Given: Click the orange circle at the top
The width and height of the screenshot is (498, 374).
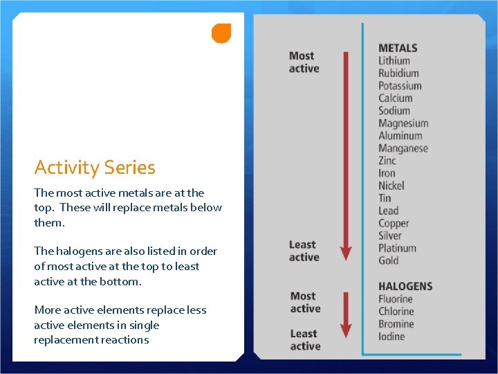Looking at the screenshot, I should click(x=221, y=33).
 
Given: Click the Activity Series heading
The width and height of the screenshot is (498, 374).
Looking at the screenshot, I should click(x=95, y=167).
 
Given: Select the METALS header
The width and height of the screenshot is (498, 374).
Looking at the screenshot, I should click(x=398, y=48).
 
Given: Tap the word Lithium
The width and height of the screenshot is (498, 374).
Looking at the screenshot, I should click(x=394, y=60).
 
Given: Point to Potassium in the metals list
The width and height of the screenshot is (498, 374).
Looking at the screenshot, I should click(x=400, y=86).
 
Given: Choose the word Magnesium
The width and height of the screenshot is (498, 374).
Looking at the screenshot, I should click(x=403, y=123).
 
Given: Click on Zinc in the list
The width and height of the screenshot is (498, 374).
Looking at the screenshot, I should click(x=387, y=161).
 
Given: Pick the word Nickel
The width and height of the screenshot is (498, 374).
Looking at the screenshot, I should click(x=391, y=186).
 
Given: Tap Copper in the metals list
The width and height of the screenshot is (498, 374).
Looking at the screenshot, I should click(x=394, y=223).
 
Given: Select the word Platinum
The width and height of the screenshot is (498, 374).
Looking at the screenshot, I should click(x=397, y=248).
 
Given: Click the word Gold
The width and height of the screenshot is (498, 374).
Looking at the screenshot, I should click(x=388, y=260).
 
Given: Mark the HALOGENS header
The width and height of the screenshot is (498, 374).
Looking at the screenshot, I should click(x=405, y=286).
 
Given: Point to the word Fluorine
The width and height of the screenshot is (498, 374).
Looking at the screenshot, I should click(x=396, y=299).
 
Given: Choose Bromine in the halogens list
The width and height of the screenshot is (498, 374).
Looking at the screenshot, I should click(x=396, y=324).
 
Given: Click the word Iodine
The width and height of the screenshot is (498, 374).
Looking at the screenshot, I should click(x=391, y=337).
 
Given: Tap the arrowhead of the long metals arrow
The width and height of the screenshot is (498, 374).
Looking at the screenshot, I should click(x=347, y=252).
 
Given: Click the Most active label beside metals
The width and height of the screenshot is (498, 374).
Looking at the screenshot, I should click(x=304, y=62).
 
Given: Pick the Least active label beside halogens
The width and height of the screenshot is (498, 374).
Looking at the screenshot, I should click(x=304, y=339).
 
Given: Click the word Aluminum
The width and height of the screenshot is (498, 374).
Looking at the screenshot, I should click(x=400, y=136).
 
